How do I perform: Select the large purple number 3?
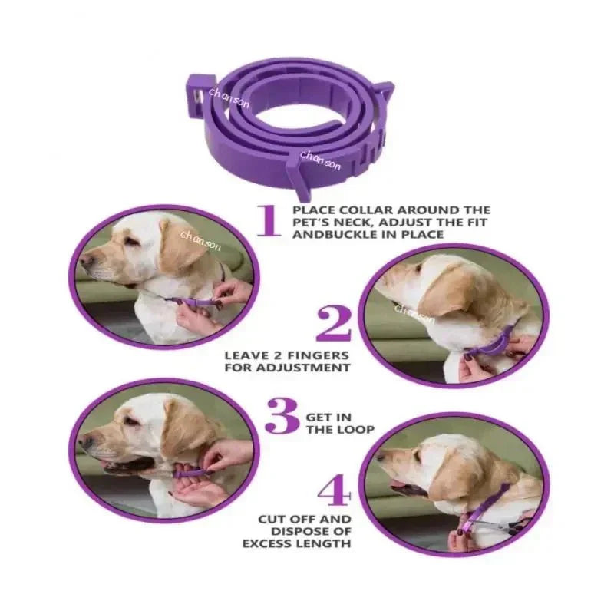pyautogui.click(x=282, y=419)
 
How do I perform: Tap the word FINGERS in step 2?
pyautogui.click(x=322, y=355)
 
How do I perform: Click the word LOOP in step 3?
pyautogui.click(x=357, y=430)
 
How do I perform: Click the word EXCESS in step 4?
pyautogui.click(x=269, y=544)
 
